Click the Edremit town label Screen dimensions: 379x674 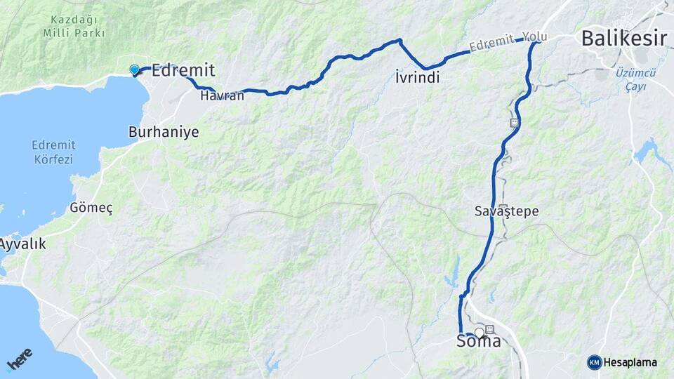click(x=183, y=69)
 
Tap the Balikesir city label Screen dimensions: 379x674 click(x=623, y=39)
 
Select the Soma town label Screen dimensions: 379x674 click(x=479, y=342)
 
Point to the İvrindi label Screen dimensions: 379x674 click(x=417, y=78)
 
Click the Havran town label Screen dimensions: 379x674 click(x=222, y=95)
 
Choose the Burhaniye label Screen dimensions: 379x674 click(x=164, y=132)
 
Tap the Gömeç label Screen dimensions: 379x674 click(x=91, y=208)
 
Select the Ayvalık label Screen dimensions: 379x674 click(x=23, y=244)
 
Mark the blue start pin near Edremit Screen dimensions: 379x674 click(x=134, y=69)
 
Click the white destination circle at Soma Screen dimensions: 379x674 click(x=480, y=331)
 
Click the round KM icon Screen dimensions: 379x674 click(x=594, y=362)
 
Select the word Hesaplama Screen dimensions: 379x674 click(x=630, y=362)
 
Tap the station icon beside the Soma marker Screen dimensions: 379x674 click(x=489, y=329)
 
